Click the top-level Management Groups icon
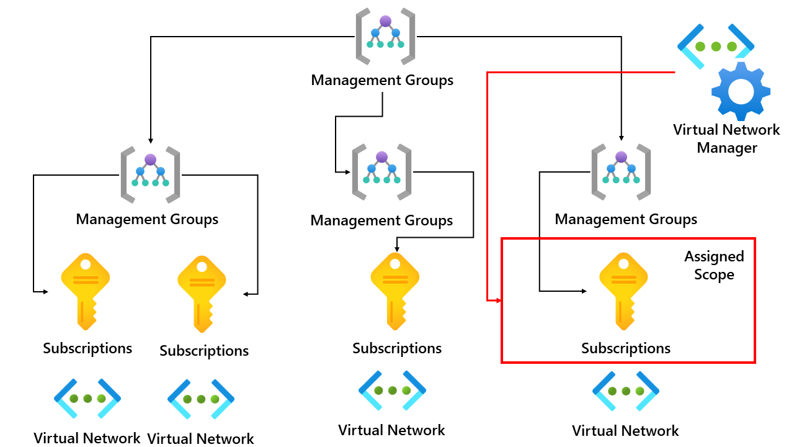pyautogui.click(x=385, y=36)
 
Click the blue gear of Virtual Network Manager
pyautogui.click(x=741, y=91)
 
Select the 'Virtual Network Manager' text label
pyautogui.click(x=726, y=139)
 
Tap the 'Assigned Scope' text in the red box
pyautogui.click(x=714, y=266)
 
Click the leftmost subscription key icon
pyautogui.click(x=86, y=291)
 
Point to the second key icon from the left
pyautogui.click(x=202, y=294)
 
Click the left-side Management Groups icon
pyautogui.click(x=150, y=174)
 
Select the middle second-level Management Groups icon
pyautogui.click(x=381, y=172)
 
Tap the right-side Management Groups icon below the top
pyautogui.click(x=621, y=172)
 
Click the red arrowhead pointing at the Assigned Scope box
pyautogui.click(x=496, y=300)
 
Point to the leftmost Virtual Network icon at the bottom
pyautogui.click(x=87, y=398)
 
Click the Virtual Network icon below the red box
pyautogui.click(x=625, y=391)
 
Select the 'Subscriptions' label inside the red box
pyautogui.click(x=626, y=348)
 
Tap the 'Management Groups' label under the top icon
pyautogui.click(x=382, y=80)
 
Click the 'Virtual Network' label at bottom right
pyautogui.click(x=625, y=430)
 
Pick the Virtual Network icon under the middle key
pyautogui.click(x=392, y=391)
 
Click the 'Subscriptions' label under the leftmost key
pyautogui.click(x=87, y=348)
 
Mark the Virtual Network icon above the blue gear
pyautogui.click(x=716, y=46)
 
